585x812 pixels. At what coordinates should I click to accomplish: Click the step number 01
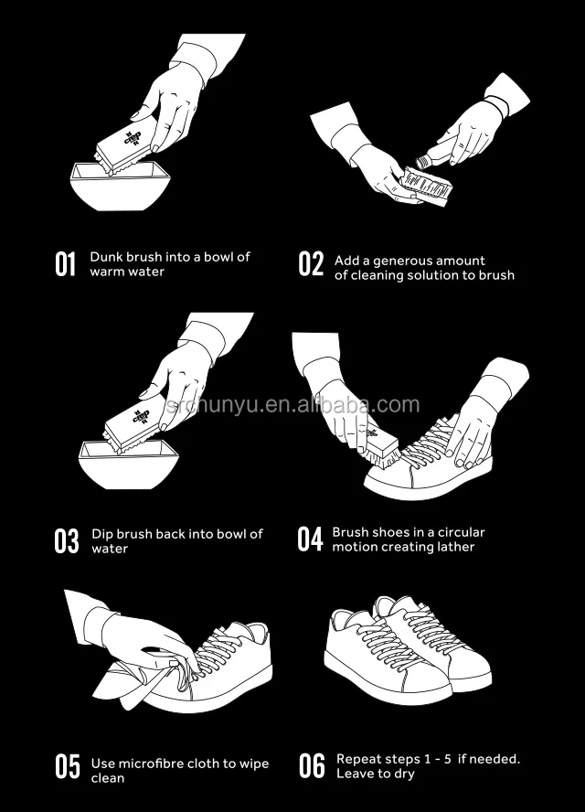[65, 264]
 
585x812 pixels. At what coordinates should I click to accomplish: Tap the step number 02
[311, 263]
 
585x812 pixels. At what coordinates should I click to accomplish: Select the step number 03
[67, 541]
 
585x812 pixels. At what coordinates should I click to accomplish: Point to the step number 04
[310, 540]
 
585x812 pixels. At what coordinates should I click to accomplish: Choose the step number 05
[68, 767]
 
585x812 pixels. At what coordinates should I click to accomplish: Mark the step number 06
[312, 766]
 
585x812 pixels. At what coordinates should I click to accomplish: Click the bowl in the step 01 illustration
[120, 187]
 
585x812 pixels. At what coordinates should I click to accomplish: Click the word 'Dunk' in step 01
[105, 257]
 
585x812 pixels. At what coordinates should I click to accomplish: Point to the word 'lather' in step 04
[456, 547]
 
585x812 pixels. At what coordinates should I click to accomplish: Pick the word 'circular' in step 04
[462, 532]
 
